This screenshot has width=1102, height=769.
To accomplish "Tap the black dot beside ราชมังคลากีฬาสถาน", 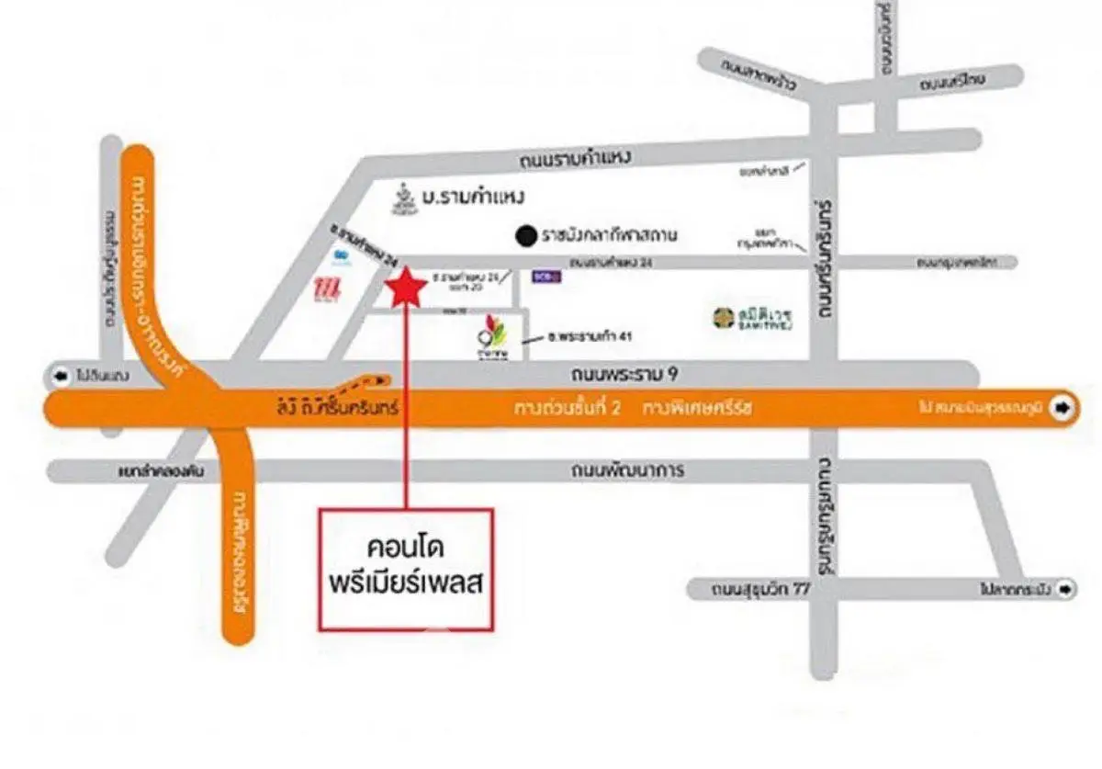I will point(525,236).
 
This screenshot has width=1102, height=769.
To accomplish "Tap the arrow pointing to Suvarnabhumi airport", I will point(1063,407).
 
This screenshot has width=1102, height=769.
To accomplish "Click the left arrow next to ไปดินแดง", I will point(62,376).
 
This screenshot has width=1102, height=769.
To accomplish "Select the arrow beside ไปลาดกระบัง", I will point(1065,588).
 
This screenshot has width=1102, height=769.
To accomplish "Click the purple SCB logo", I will point(542,274).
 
